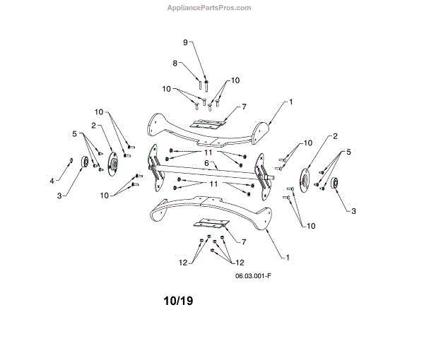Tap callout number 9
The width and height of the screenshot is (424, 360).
tap(186, 42)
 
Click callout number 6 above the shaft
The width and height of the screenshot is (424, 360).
tap(206, 162)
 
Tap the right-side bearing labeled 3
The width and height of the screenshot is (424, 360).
tap(335, 184)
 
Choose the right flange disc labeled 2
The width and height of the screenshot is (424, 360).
tap(307, 178)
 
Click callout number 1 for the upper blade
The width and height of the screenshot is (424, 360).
tap(290, 102)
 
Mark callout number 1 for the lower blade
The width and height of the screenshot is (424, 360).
tap(288, 255)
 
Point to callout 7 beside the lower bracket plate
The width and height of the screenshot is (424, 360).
tap(244, 242)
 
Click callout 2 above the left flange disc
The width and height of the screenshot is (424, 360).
tap(93, 126)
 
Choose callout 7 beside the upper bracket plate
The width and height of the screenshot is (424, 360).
tap(243, 107)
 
